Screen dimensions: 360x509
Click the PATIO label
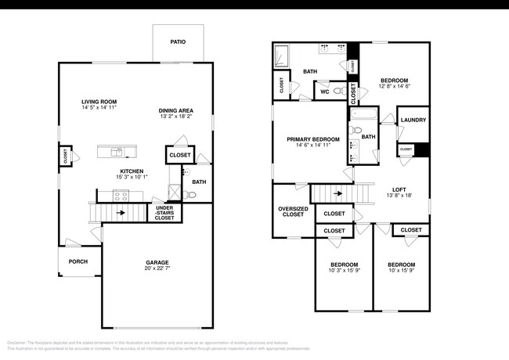[178, 41]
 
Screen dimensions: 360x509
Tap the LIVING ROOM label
[99, 102]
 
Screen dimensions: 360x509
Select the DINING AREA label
[175, 110]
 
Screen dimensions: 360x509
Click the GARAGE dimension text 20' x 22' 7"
[156, 269]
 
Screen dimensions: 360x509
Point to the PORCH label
[78, 261]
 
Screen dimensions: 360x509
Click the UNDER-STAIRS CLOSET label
[164, 212]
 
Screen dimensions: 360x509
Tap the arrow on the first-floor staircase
[121, 211]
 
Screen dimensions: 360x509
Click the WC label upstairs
[324, 92]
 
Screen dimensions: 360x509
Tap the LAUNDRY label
[413, 120]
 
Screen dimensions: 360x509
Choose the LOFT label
[400, 189]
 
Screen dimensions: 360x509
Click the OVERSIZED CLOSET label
[291, 211]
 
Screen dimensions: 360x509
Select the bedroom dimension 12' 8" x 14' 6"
[394, 87]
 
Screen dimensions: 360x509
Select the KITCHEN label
[131, 171]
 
